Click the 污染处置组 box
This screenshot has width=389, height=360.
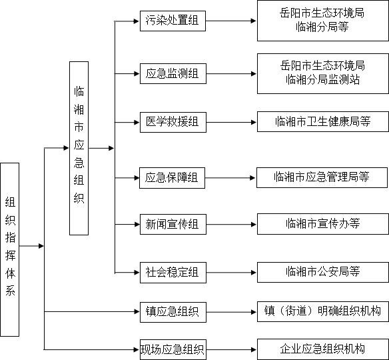tap(173, 21)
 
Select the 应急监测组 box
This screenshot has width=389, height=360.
tap(173, 73)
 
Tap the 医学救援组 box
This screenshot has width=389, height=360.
tap(173, 122)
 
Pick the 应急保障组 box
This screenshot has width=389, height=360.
tap(172, 178)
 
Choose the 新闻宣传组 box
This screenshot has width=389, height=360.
tap(173, 224)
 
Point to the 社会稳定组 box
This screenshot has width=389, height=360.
tap(173, 273)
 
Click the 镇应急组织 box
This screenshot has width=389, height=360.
tap(173, 312)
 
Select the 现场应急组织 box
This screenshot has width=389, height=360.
tap(173, 349)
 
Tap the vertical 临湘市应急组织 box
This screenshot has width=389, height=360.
tap(79, 148)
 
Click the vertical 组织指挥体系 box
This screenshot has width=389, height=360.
tap(10, 249)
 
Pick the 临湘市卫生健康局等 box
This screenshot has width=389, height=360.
tap(323, 121)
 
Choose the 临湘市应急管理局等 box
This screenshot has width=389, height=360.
tap(322, 177)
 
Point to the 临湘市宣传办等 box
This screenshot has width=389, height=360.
tap(323, 224)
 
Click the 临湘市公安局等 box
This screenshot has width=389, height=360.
tap(323, 272)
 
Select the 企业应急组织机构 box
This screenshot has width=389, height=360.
tap(323, 349)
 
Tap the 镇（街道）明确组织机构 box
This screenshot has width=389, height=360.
tap(323, 311)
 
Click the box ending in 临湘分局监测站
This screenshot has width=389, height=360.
tap(323, 73)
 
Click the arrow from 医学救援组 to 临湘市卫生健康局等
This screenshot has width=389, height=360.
tap(231, 122)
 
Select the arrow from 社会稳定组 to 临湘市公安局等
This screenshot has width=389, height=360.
tap(231, 273)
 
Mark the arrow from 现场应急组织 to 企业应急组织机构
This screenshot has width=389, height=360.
tap(231, 349)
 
